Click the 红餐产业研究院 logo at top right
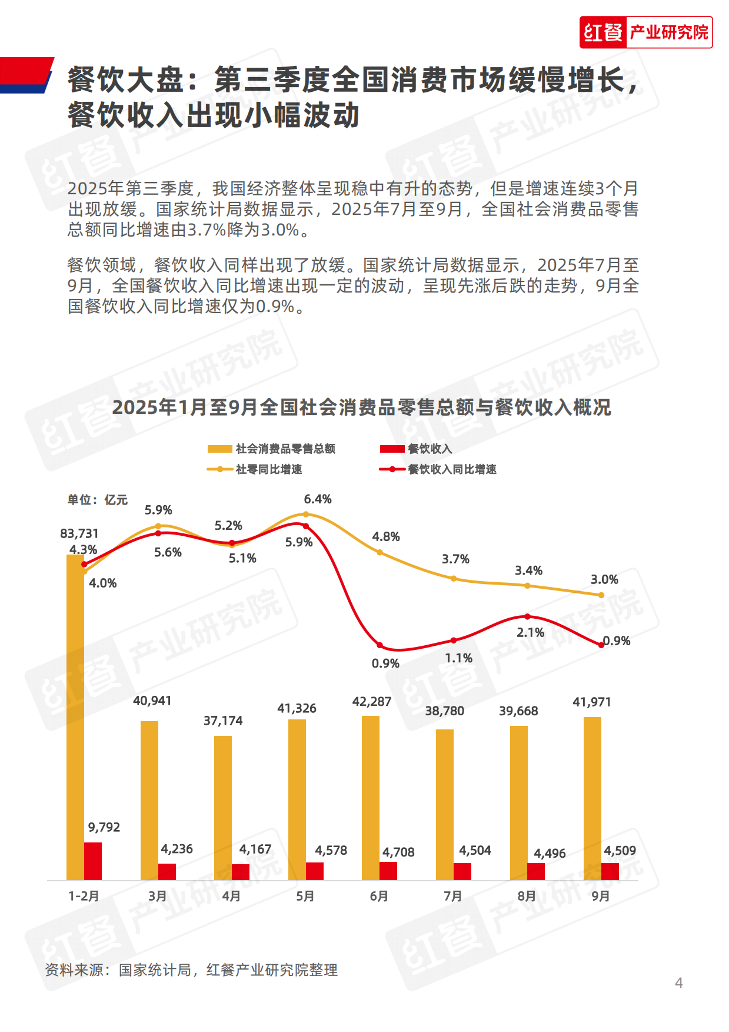click(x=645, y=32)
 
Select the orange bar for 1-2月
click(x=75, y=718)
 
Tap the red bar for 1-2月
click(x=93, y=861)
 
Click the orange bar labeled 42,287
click(x=371, y=798)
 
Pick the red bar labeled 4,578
click(x=315, y=871)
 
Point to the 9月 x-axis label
click(x=601, y=896)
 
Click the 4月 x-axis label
click(x=231, y=896)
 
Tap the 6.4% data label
click(x=318, y=499)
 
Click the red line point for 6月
click(x=380, y=646)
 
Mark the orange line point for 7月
click(x=454, y=579)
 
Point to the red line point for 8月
click(x=527, y=616)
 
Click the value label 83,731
click(x=79, y=533)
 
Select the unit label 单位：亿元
click(x=97, y=500)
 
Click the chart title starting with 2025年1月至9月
click(x=361, y=407)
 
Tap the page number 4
click(x=678, y=983)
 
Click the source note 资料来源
click(x=191, y=970)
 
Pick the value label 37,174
click(x=223, y=721)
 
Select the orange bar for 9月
click(x=592, y=798)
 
